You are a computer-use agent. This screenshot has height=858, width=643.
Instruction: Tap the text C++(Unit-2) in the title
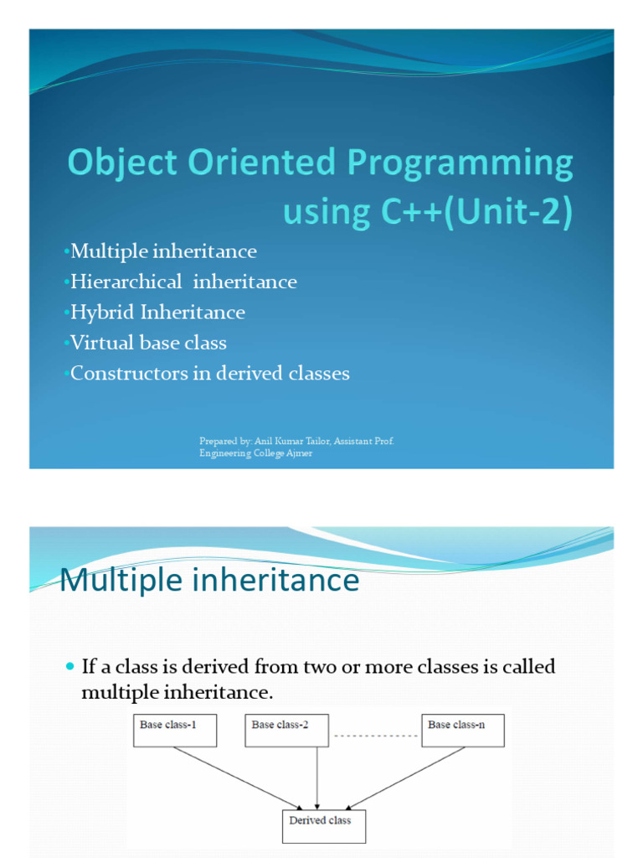tap(476, 211)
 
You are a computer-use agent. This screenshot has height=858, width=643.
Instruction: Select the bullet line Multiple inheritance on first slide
tap(163, 251)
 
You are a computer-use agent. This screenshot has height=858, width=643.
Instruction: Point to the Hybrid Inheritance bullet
tap(157, 313)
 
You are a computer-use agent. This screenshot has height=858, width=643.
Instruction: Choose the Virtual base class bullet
tap(148, 343)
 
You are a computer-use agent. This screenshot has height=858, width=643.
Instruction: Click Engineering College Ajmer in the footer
tap(255, 453)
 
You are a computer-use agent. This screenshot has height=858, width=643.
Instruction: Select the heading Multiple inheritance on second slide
tap(210, 581)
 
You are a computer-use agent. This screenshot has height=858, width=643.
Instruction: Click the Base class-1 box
tap(175, 730)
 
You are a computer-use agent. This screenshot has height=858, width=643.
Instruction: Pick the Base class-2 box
tap(286, 730)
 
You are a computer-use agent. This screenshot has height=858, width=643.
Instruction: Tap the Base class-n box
tap(463, 730)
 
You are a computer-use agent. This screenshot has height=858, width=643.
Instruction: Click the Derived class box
tap(323, 825)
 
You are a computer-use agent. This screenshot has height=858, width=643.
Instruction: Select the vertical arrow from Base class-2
tap(316, 778)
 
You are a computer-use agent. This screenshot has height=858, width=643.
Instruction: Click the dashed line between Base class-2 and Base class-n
tap(375, 736)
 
